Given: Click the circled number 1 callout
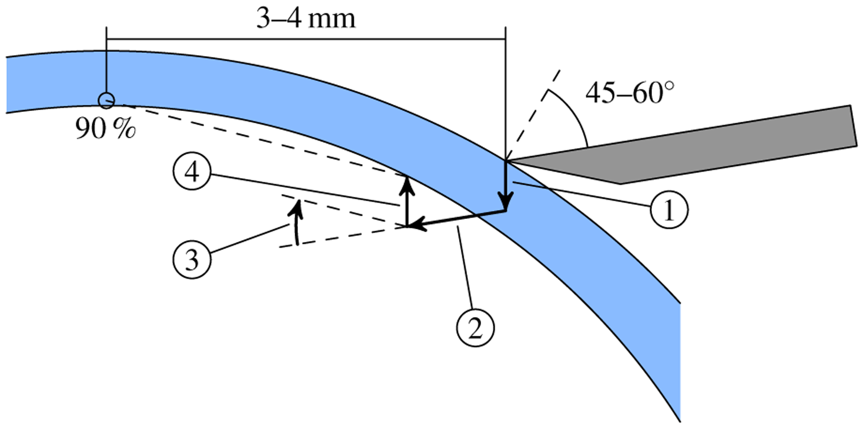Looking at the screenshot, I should (669, 210).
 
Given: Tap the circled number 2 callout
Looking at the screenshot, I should (475, 327).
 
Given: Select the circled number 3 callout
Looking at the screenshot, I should (192, 259).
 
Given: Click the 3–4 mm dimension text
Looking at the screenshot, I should (306, 19).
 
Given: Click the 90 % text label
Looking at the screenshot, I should (105, 129).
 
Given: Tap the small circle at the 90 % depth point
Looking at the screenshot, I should (107, 100).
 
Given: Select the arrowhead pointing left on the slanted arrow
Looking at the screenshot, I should (417, 224).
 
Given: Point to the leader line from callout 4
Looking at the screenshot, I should (306, 190).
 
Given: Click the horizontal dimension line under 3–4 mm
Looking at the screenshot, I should (306, 39).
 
